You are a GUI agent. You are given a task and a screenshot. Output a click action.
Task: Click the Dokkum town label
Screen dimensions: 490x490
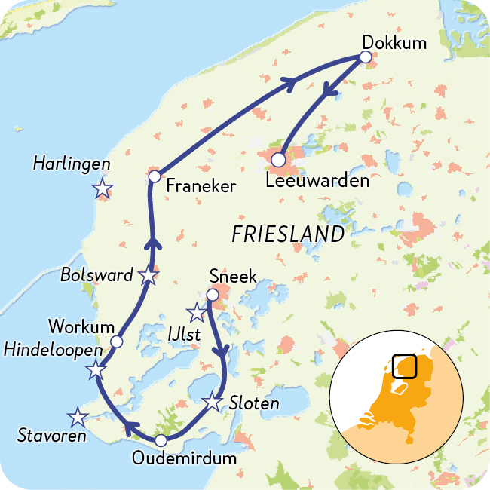pos(394,42)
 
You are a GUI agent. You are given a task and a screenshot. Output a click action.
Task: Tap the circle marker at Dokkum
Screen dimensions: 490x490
pos(366,57)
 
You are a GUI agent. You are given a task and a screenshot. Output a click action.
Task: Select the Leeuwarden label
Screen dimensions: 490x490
pos(318,181)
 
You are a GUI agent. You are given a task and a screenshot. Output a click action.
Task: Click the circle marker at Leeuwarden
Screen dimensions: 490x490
pos(278,160)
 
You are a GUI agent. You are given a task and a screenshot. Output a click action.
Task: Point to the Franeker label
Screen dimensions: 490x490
pos(201,185)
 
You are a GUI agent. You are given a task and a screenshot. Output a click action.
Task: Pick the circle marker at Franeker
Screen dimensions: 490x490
pos(154,176)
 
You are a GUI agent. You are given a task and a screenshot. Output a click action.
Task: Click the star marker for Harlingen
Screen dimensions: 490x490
pos(102,189)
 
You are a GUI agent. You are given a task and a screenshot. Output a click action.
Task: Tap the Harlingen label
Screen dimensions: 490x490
pos(72,164)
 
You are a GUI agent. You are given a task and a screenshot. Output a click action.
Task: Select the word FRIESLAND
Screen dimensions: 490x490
pos(288,234)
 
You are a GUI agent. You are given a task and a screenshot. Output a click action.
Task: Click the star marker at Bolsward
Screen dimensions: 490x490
pos(149,276)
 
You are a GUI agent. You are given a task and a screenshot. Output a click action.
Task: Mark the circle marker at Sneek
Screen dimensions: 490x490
pos(213,295)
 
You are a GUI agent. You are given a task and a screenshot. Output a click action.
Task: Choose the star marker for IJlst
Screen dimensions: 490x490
pos(197,311)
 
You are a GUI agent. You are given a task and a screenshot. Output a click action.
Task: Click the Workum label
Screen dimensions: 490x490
pos(81,326)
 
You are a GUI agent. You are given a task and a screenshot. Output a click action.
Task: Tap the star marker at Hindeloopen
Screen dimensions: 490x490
pos(96,370)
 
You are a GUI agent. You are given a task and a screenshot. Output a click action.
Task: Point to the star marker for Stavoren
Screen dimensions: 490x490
pos(77,416)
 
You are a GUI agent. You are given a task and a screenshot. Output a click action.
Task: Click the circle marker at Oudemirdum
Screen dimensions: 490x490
pos(161,441)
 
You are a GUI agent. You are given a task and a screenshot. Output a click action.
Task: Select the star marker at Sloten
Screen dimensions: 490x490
pos(213,402)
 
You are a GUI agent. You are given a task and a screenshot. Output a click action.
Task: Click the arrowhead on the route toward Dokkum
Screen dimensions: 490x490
pos(289,82)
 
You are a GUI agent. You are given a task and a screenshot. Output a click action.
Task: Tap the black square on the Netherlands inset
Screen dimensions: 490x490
pos(405,366)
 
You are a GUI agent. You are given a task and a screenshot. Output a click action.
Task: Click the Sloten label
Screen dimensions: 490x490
pos(254,404)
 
